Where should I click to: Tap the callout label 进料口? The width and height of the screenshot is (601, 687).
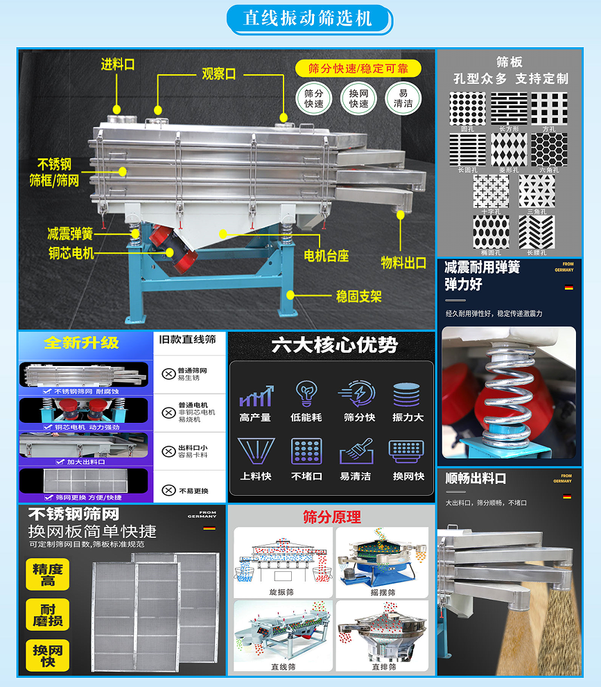pyautogui.click(x=117, y=64)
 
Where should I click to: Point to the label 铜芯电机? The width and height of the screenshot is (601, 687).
pyautogui.click(x=71, y=253)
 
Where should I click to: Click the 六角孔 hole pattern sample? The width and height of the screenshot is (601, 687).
pyautogui.click(x=549, y=150)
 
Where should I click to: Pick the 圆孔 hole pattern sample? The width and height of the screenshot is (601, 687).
pyautogui.click(x=467, y=109)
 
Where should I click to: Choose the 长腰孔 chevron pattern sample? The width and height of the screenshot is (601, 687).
pyautogui.click(x=537, y=232)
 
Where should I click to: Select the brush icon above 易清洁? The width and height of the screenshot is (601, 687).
pyautogui.click(x=356, y=451)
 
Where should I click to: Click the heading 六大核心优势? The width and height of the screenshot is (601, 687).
pyautogui.click(x=334, y=345)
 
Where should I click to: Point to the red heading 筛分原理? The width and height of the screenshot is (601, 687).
pyautogui.click(x=331, y=516)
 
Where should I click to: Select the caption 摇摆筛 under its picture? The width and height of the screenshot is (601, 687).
pyautogui.click(x=383, y=593)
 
